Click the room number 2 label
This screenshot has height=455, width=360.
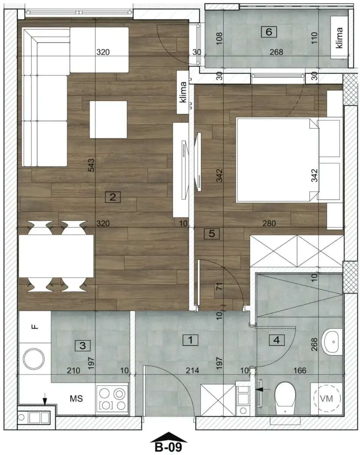click(x=113, y=197)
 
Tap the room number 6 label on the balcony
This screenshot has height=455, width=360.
click(x=269, y=32)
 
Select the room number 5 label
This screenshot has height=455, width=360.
click(x=211, y=234)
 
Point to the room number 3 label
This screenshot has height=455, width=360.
click(x=83, y=345)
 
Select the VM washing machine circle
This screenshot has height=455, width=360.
click(x=326, y=399)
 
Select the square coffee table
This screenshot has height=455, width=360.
click(x=108, y=119)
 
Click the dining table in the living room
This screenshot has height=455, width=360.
click(x=56, y=256)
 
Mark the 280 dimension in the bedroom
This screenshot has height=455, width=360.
click(x=270, y=224)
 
